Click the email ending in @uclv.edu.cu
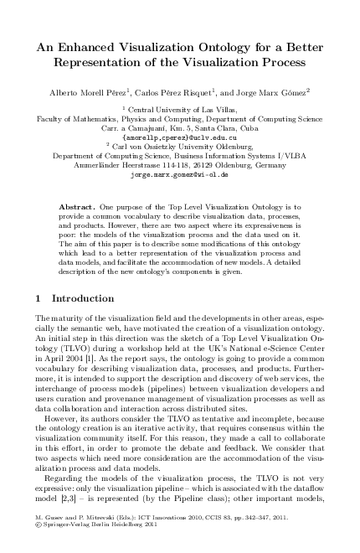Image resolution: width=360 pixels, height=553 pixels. [x=180, y=137]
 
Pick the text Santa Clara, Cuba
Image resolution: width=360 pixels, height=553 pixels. [x=225, y=128]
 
